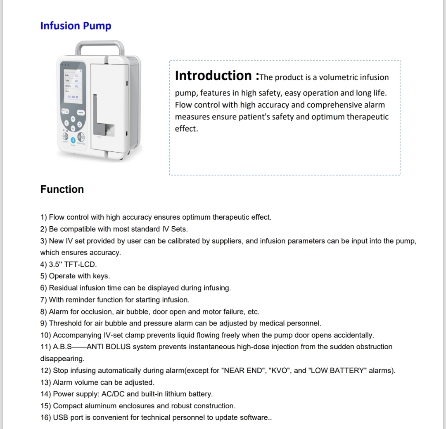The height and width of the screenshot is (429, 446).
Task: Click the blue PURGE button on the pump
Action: (x=73, y=140)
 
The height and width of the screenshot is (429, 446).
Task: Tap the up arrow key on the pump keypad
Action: (x=73, y=119)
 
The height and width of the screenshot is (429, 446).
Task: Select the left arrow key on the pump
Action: (x=66, y=123)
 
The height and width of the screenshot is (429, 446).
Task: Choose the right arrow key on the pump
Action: (x=79, y=125)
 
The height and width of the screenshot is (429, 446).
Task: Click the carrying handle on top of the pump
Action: (x=100, y=44)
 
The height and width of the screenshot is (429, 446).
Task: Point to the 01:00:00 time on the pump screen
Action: (x=73, y=97)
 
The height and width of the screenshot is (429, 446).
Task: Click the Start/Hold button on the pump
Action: (x=81, y=137)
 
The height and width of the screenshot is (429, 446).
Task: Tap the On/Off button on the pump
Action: (x=65, y=136)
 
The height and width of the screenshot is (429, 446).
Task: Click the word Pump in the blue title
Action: (x=97, y=26)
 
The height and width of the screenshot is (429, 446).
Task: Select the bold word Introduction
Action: (x=214, y=75)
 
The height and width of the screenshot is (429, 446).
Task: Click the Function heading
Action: (x=62, y=189)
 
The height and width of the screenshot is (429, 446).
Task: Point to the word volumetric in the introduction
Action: (x=339, y=77)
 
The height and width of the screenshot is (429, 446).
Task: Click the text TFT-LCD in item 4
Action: (x=81, y=264)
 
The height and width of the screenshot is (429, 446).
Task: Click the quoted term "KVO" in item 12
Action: (x=280, y=371)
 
